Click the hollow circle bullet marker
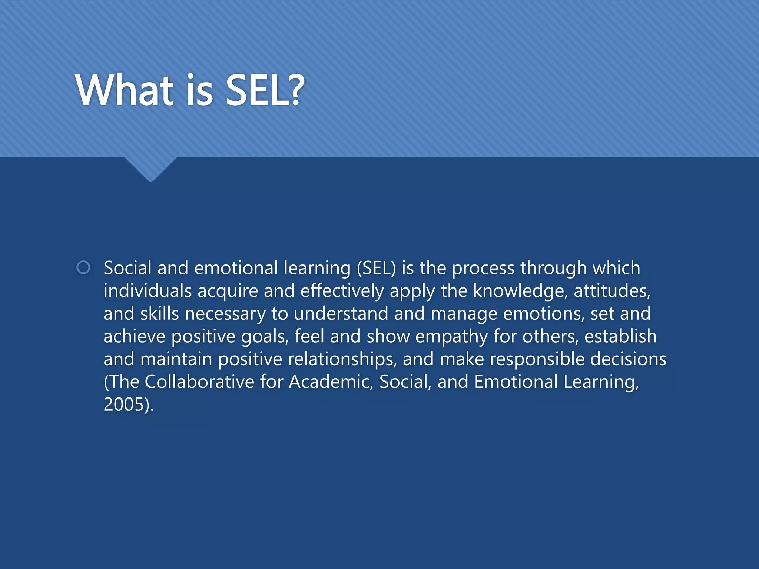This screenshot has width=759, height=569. pyautogui.click(x=83, y=267)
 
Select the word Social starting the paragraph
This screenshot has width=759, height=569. pyautogui.click(x=127, y=268)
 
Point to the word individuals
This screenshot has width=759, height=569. pyautogui.click(x=147, y=291)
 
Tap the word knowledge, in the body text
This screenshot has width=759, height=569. pyautogui.click(x=520, y=291)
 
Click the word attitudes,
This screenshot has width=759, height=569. pyautogui.click(x=612, y=291)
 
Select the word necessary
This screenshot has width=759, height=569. pyautogui.click(x=225, y=314)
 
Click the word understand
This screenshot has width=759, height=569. pyautogui.click(x=341, y=313)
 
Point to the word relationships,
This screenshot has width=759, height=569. pyautogui.click(x=342, y=360)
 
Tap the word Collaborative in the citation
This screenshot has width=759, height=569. pyautogui.click(x=199, y=382)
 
